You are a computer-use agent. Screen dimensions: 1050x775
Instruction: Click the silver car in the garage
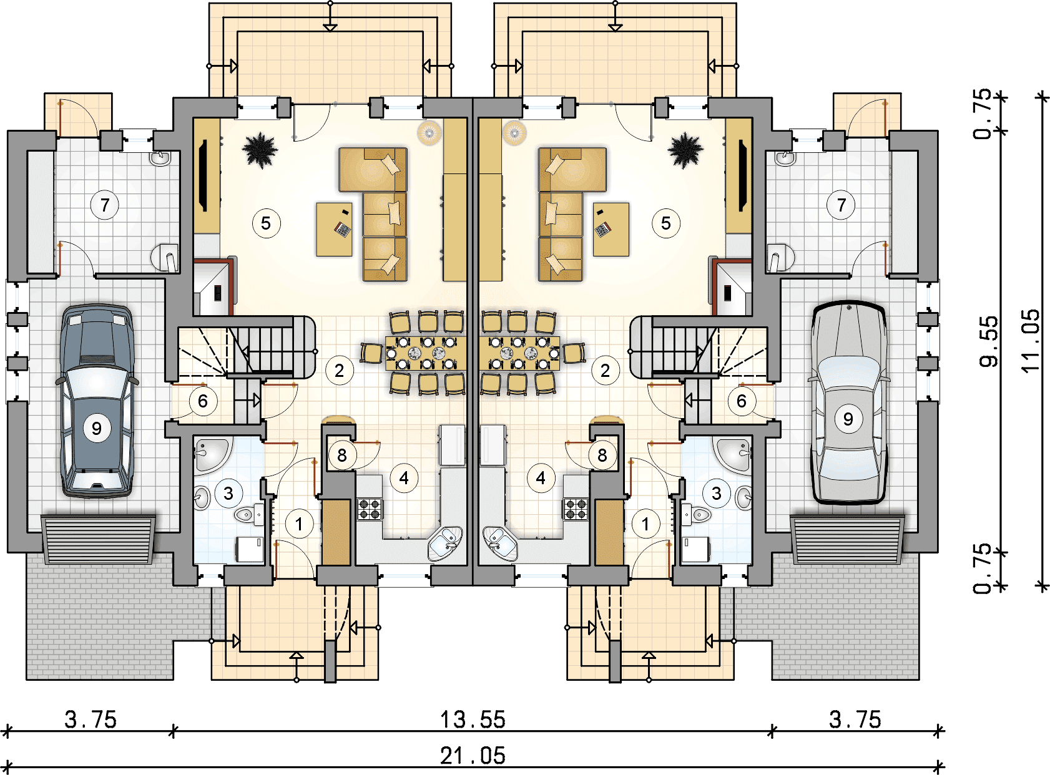[x=848, y=402]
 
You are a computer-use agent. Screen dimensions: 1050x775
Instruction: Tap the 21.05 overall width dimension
[x=473, y=756]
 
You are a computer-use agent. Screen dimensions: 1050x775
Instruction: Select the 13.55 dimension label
[x=473, y=719]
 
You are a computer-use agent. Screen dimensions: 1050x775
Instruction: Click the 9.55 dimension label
[x=988, y=342]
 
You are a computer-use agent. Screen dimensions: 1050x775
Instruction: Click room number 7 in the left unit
[x=105, y=205]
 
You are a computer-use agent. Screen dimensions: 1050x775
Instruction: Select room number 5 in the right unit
[x=665, y=223]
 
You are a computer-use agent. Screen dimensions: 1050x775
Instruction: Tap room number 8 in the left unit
[x=342, y=455]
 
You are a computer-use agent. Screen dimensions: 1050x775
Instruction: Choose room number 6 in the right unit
[x=742, y=401]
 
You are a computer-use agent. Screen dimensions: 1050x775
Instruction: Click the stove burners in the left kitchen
[x=370, y=509]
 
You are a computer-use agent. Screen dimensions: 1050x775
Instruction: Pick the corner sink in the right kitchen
[x=500, y=542]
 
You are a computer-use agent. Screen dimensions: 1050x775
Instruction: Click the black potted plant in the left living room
[x=260, y=150]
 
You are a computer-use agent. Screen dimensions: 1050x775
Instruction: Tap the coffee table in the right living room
[x=611, y=229]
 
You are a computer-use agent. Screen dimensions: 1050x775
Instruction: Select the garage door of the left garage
[x=99, y=539]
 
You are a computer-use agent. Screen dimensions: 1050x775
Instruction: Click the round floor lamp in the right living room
[x=514, y=132]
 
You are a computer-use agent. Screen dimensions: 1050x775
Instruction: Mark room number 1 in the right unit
[x=645, y=524]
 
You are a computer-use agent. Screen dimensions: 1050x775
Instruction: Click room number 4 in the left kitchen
[x=404, y=478]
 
